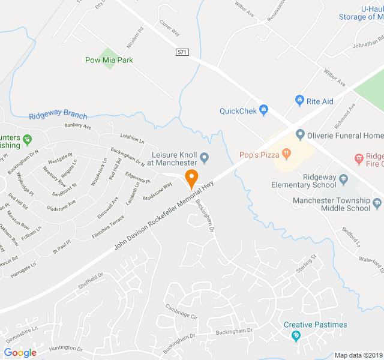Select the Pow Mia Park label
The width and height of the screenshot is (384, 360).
109,60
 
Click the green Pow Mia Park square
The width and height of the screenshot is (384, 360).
109,58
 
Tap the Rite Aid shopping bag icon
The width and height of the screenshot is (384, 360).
299,101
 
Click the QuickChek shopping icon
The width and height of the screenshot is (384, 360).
263,110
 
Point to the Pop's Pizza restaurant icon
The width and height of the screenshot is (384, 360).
287,155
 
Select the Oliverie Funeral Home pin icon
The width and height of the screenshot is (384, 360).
300,134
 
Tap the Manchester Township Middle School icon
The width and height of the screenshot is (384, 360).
377,204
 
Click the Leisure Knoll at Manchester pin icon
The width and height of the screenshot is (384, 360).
205,158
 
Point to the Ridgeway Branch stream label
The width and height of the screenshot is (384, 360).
58,116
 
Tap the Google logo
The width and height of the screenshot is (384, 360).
20,353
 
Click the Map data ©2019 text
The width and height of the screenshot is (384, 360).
358,355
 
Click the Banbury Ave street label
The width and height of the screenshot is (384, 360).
77,127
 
